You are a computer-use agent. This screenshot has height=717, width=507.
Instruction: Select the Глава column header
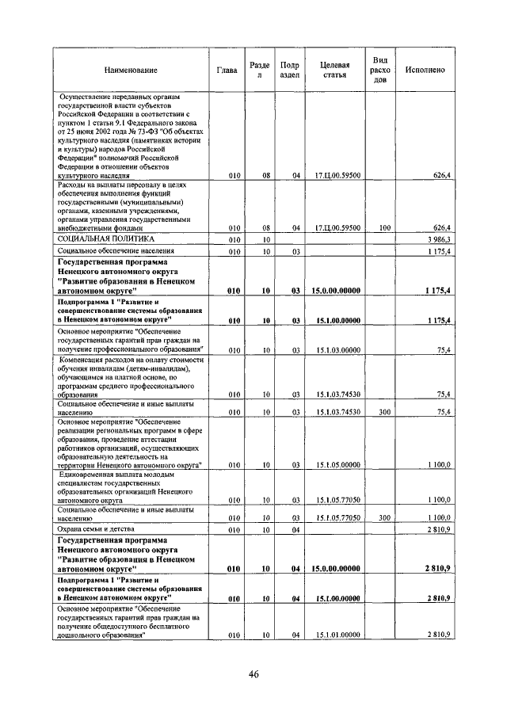[x=227, y=71]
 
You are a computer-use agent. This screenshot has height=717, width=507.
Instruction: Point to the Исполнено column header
[x=425, y=71]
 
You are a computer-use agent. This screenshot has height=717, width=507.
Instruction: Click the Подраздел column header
[x=290, y=70]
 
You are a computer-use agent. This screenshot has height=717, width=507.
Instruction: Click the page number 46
[x=253, y=675]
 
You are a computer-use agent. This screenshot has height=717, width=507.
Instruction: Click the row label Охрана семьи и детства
[x=96, y=528]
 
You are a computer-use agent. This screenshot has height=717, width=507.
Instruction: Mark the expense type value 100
[x=385, y=227]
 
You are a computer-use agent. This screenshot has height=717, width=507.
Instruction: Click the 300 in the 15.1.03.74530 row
[x=385, y=412]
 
